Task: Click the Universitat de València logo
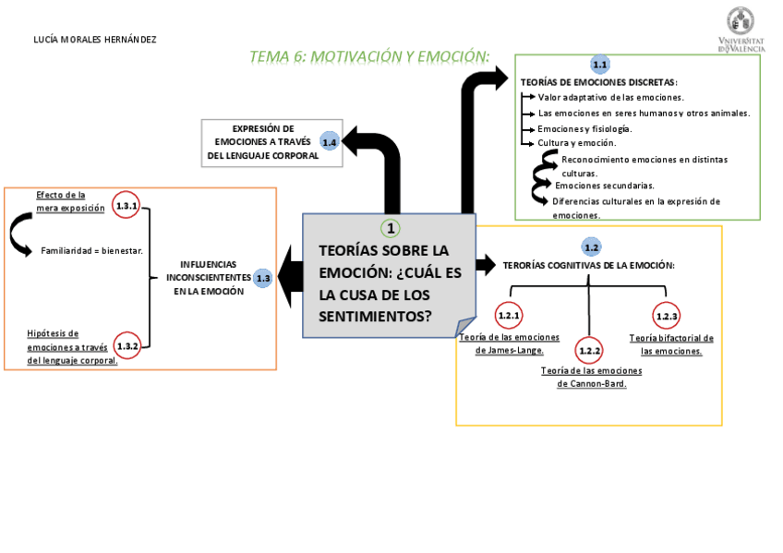pyautogui.click(x=740, y=30)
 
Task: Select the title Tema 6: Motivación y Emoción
pyautogui.click(x=369, y=57)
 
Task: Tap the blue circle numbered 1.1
pyautogui.click(x=600, y=65)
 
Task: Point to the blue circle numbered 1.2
pyautogui.click(x=592, y=247)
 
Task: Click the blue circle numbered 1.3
pyautogui.click(x=263, y=278)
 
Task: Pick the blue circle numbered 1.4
pyautogui.click(x=330, y=142)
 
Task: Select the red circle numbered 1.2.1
pyautogui.click(x=509, y=316)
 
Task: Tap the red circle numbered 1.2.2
pyautogui.click(x=589, y=351)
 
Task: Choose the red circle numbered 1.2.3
pyautogui.click(x=667, y=317)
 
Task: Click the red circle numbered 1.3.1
pyautogui.click(x=126, y=207)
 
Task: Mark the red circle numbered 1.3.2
pyautogui.click(x=127, y=346)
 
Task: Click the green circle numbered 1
pyautogui.click(x=391, y=228)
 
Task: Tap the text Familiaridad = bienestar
pyautogui.click(x=91, y=250)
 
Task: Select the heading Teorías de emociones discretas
pyautogui.click(x=599, y=82)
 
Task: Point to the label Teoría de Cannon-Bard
pyautogui.click(x=592, y=377)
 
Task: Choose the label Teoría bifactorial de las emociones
pyautogui.click(x=671, y=344)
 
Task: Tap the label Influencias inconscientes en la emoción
pyautogui.click(x=209, y=278)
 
